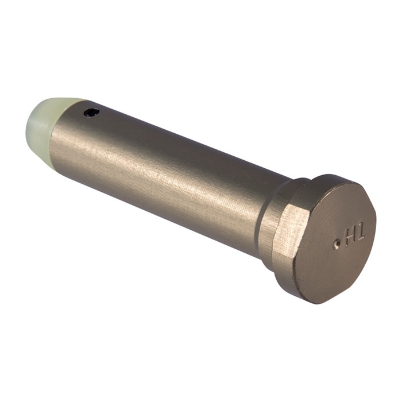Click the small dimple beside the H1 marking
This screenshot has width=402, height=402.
pos(337,243)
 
